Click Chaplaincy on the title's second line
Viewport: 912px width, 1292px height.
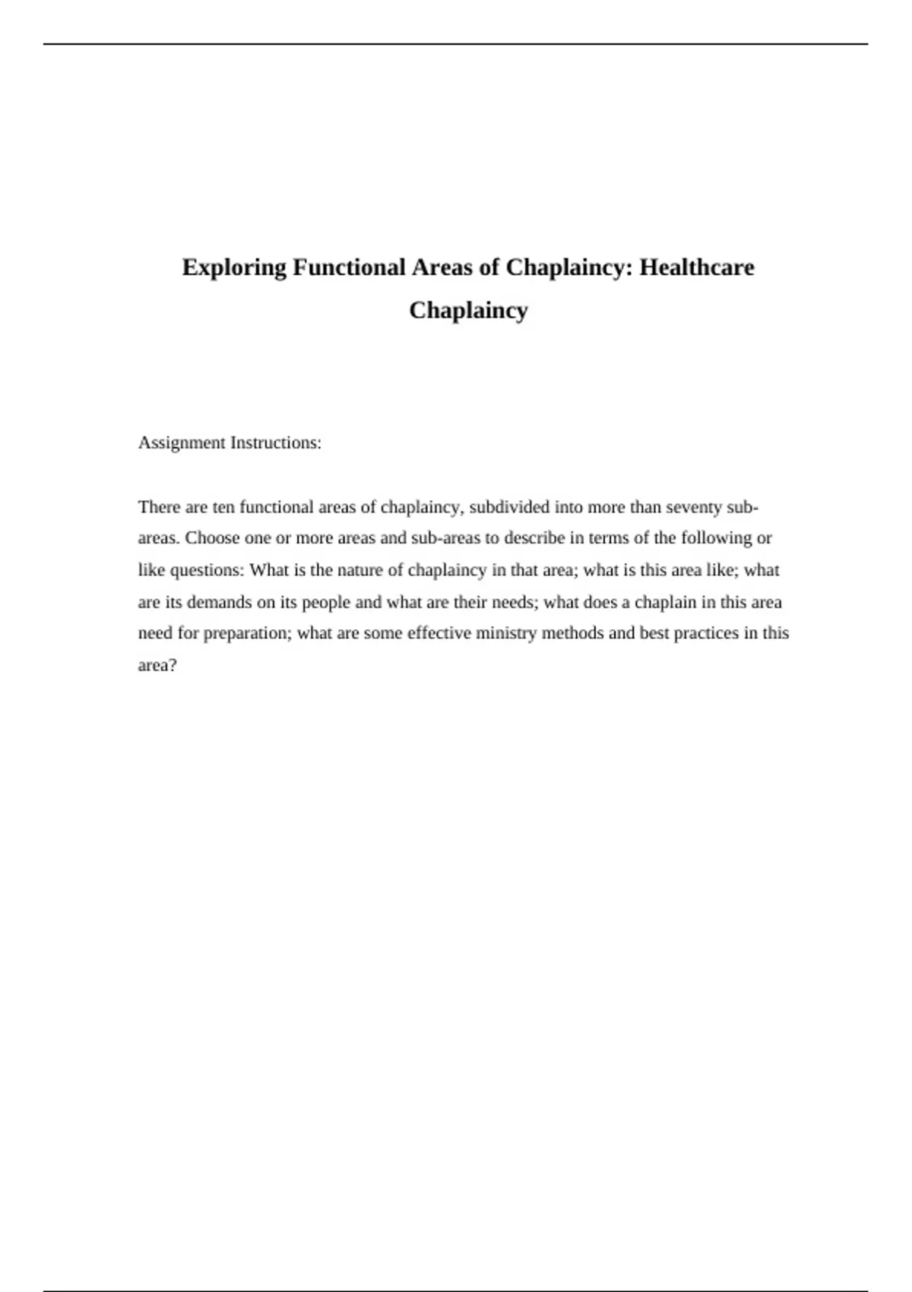click(x=468, y=310)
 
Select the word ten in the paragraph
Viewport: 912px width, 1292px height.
click(x=223, y=507)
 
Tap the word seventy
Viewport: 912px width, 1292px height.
click(x=693, y=507)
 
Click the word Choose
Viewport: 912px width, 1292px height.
click(x=212, y=538)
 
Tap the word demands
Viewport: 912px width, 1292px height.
click(x=219, y=602)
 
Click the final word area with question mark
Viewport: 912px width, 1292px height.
click(x=157, y=665)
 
